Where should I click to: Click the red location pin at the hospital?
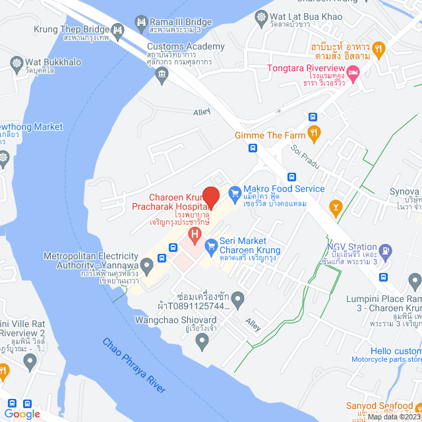pos(210,196)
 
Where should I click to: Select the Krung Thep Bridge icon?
pos(118,29)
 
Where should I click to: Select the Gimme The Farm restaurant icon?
pos(314,132)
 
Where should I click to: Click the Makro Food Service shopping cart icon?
pos(233,193)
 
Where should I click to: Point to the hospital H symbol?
pos(195,234)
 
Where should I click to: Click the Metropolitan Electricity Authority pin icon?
pos(147,264)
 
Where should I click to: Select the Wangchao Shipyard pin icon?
pos(202,341)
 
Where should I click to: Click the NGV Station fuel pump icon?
pos(386,251)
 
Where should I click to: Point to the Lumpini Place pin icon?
pos(415,283)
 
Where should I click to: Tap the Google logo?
pos(21,413)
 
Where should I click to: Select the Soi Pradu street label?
pos(304,154)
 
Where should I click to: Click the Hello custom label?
pos(395,351)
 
